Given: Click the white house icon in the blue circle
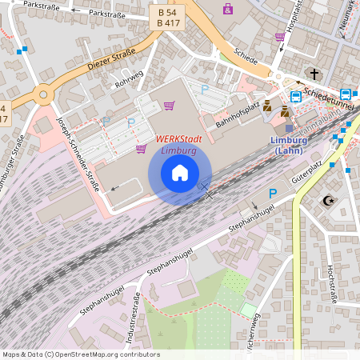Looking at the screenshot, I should point(180,173).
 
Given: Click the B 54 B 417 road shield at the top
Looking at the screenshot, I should point(168,18).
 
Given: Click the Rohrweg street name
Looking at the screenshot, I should point(129,78).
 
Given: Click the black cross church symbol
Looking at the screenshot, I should point(314,74).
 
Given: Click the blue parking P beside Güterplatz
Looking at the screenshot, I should point(273,194).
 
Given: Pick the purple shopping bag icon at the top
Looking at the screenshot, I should point(229,10).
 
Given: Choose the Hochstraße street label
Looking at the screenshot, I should point(330,286).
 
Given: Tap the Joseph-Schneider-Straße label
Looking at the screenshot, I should point(78,154).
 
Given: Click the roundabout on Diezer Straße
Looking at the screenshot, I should point(42,95).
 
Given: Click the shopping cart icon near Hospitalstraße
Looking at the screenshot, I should point(279,37).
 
